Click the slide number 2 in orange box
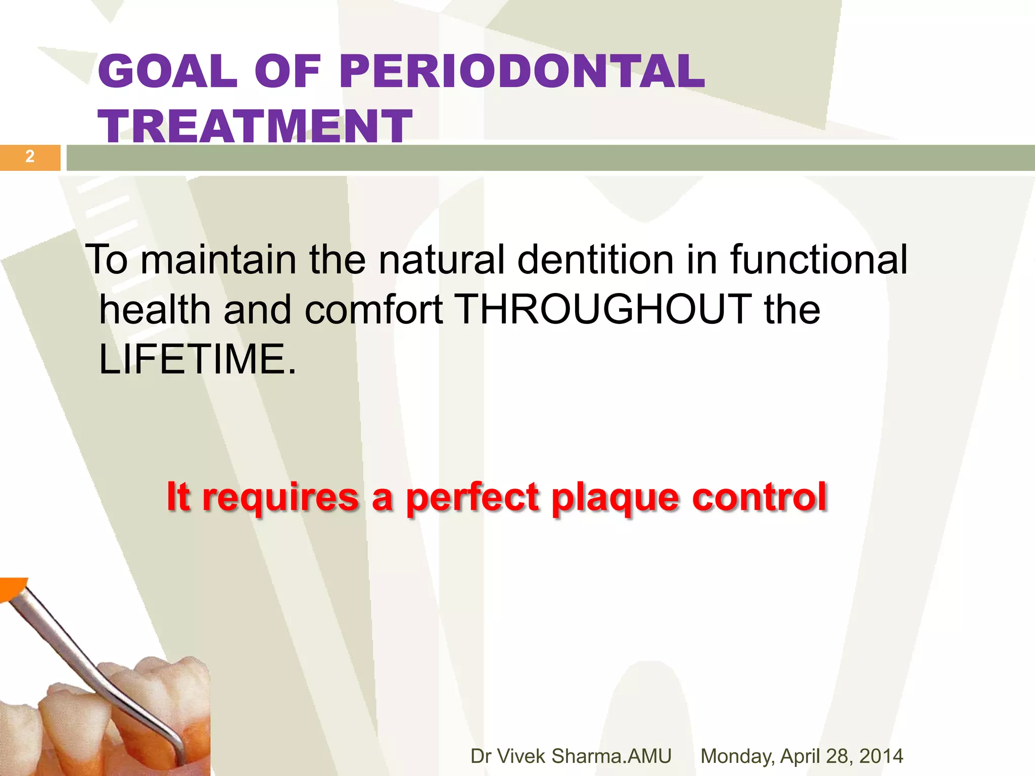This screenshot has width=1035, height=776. click(x=30, y=157)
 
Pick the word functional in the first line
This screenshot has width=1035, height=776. click(x=819, y=260)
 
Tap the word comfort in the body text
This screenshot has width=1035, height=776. click(x=374, y=309)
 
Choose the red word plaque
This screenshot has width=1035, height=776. click(x=615, y=498)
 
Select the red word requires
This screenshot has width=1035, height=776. click(x=281, y=498)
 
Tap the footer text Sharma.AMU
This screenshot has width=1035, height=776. click(x=611, y=756)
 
